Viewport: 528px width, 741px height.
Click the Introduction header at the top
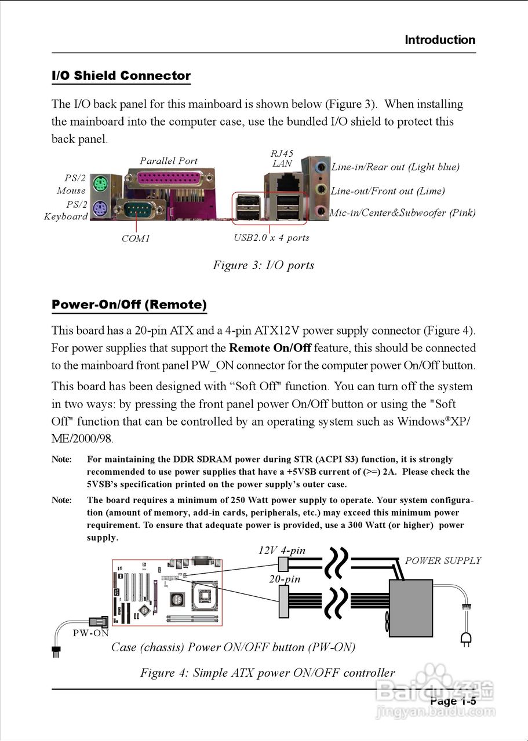(440, 40)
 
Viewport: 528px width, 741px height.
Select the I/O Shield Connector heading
(121, 76)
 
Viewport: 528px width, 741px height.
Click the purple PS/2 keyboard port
(99, 208)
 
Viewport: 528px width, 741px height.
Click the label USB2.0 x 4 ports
(271, 238)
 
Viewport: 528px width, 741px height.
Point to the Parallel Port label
(169, 161)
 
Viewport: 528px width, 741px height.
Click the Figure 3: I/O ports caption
(264, 265)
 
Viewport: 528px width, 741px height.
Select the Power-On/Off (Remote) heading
(129, 305)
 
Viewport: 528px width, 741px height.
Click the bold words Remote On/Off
(270, 348)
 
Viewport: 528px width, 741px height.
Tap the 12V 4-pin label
(282, 550)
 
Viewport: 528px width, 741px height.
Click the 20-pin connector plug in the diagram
(283, 602)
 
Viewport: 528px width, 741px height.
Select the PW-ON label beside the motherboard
(90, 633)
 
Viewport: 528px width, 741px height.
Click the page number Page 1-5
(453, 701)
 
